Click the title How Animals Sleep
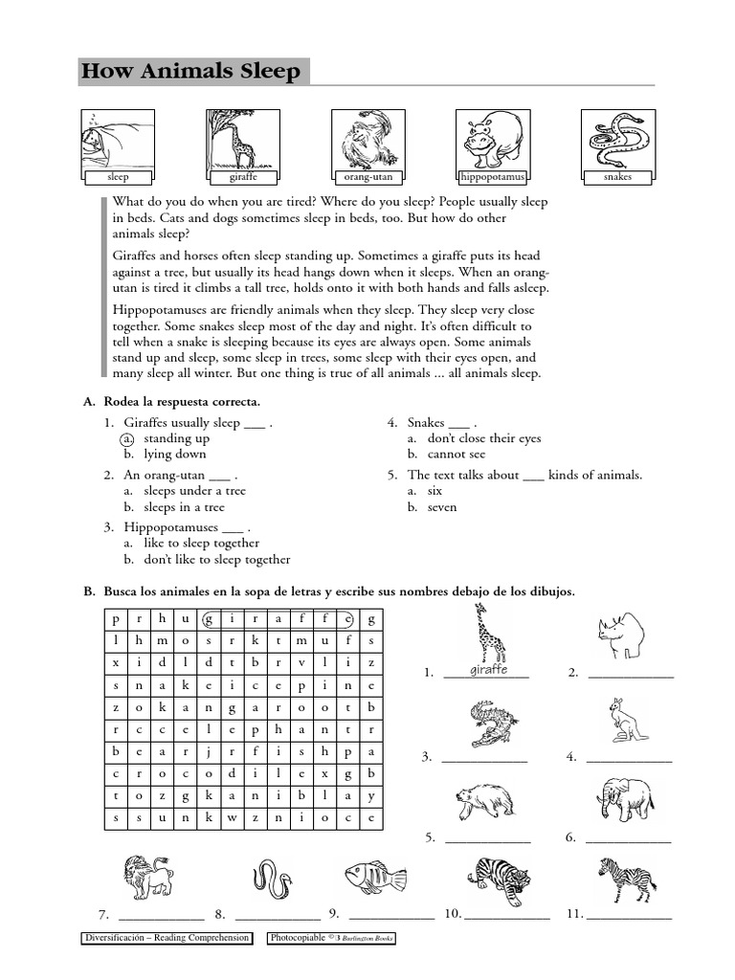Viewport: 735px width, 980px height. (191, 72)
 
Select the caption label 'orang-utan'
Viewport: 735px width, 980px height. (368, 177)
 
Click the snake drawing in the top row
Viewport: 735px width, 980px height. (617, 139)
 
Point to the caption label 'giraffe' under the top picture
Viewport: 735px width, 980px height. (243, 177)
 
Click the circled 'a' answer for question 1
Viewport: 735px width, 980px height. (127, 438)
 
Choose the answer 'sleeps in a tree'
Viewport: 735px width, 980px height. (184, 507)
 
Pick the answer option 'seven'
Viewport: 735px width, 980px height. (442, 507)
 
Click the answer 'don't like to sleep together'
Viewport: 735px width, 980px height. (216, 560)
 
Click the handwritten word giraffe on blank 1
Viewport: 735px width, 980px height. (488, 670)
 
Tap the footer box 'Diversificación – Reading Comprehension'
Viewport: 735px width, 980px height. (167, 939)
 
